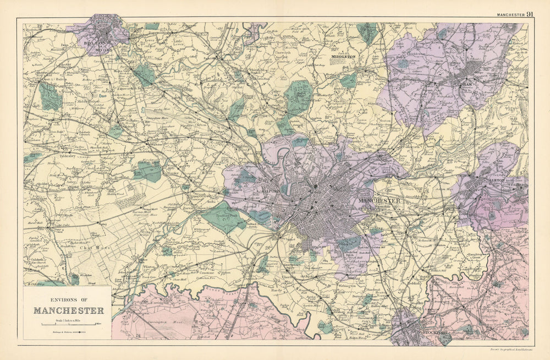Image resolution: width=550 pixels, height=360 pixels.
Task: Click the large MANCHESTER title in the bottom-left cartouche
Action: point(68,310)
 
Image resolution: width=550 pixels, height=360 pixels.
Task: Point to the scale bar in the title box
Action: point(68,325)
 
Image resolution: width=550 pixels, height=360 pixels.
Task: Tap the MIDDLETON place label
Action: point(343,56)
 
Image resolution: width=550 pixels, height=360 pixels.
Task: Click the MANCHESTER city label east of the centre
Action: point(379,201)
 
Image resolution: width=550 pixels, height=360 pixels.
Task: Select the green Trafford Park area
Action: point(222,215)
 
